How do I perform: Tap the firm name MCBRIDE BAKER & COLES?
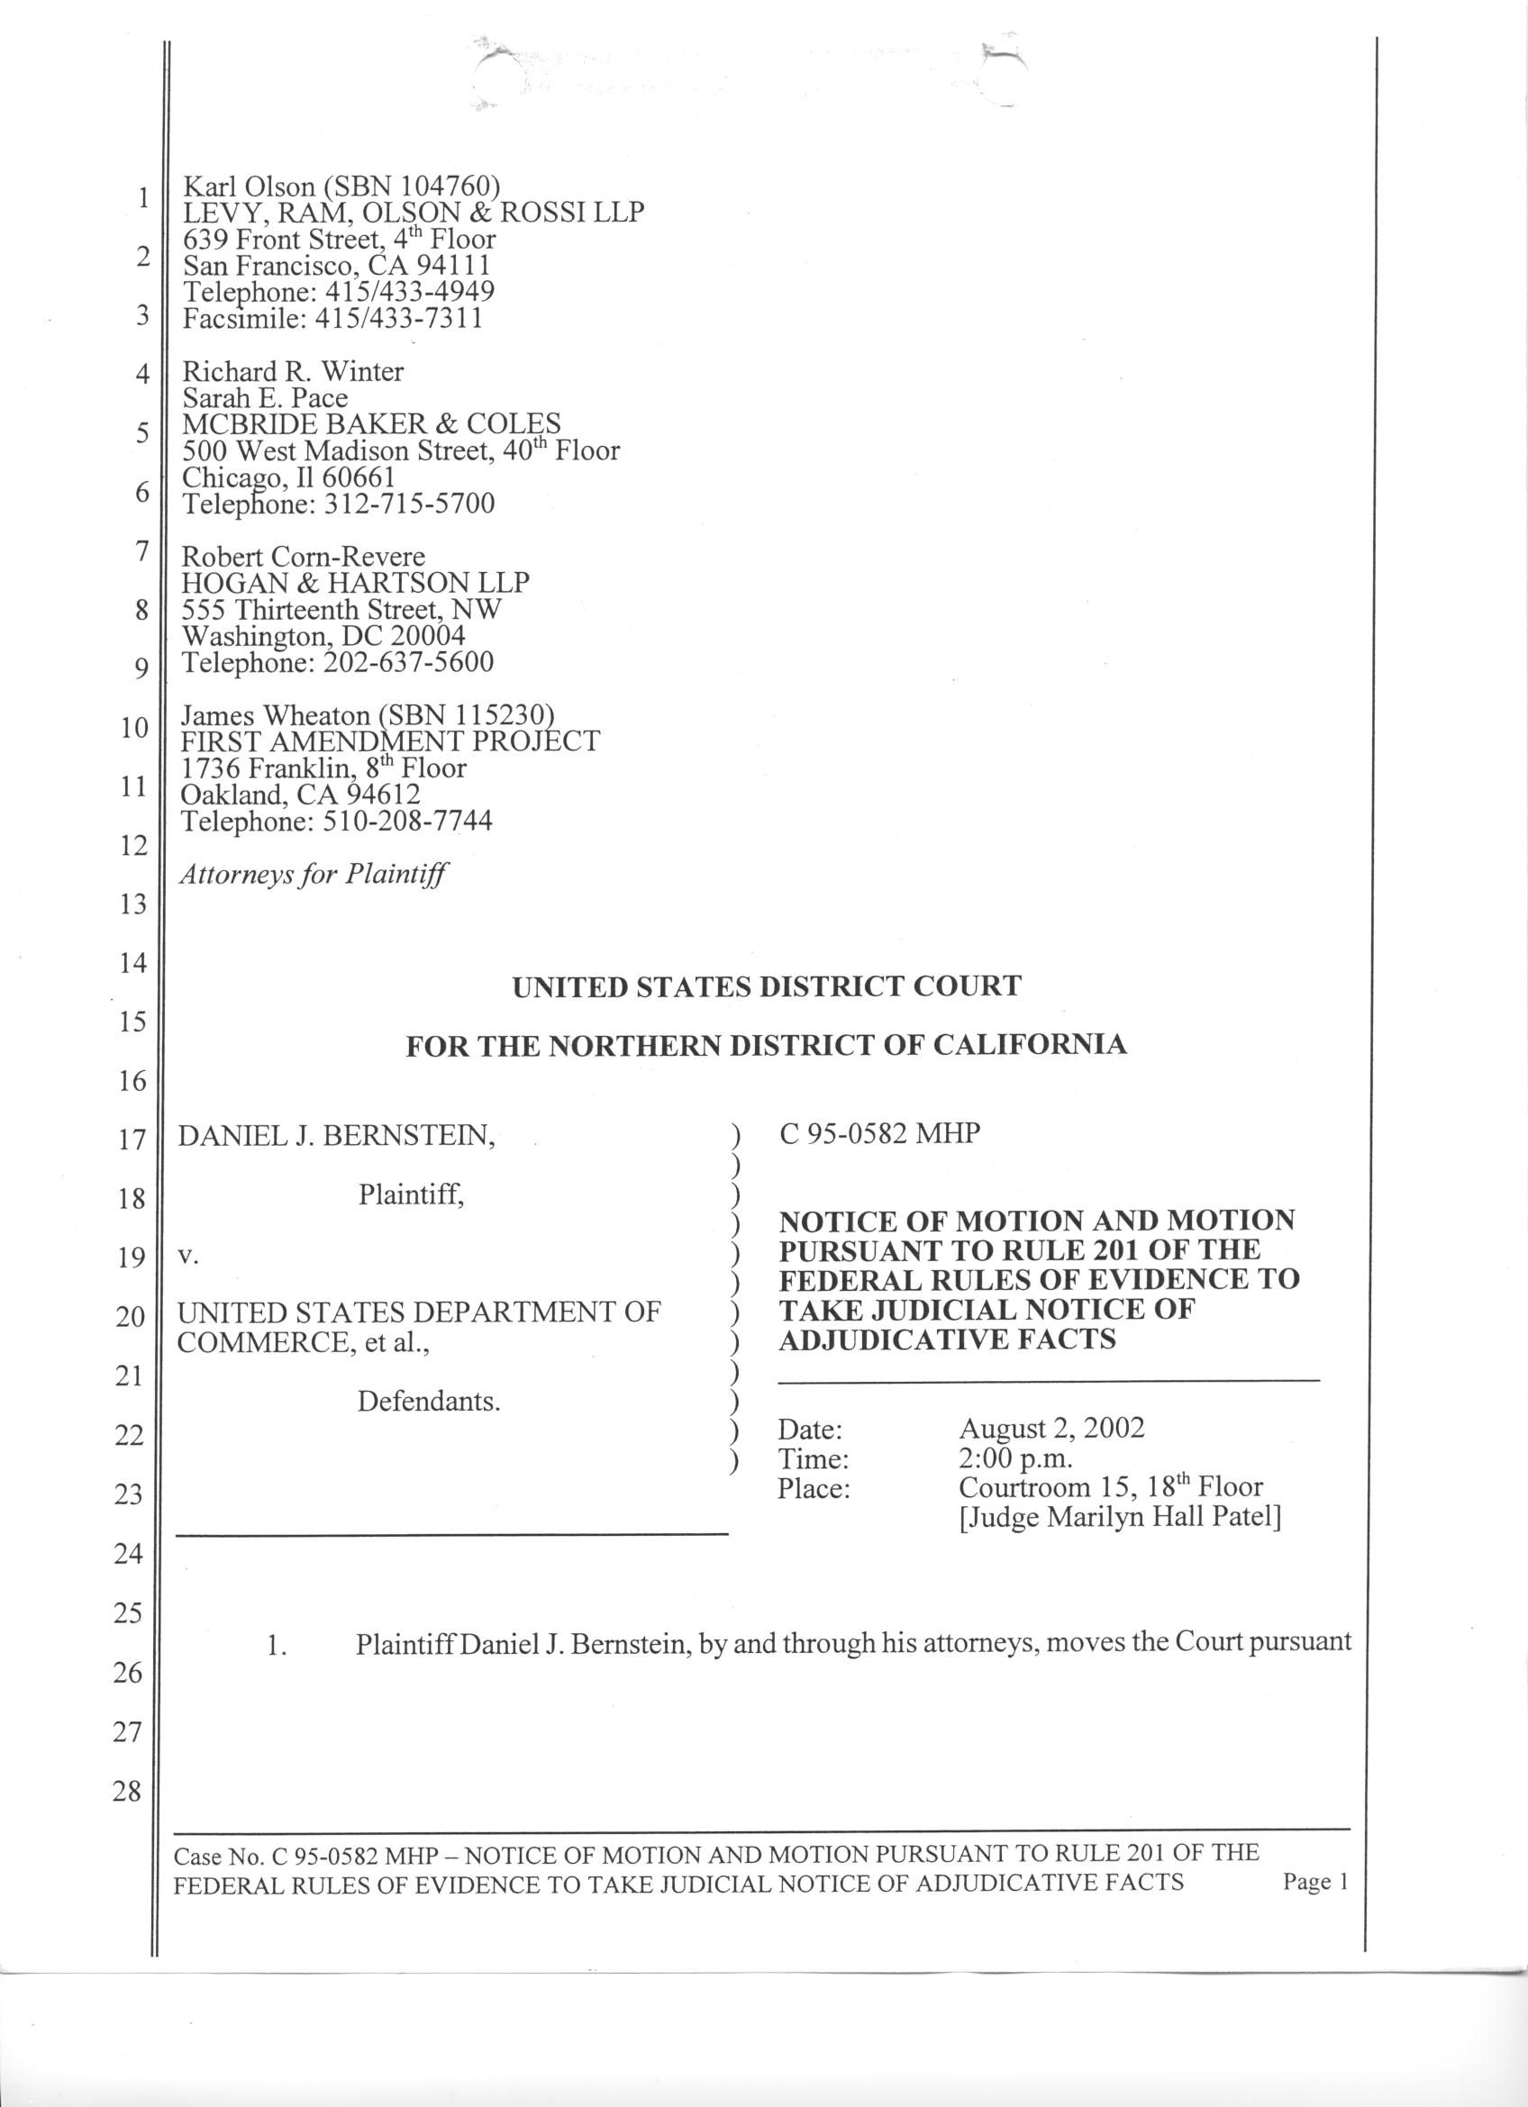[x=370, y=424]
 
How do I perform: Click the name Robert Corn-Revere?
[x=303, y=557]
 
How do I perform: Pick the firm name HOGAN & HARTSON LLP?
[x=355, y=583]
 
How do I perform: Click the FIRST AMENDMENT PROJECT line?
[x=390, y=741]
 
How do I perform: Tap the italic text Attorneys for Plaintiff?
[x=314, y=874]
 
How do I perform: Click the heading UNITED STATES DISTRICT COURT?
[x=767, y=986]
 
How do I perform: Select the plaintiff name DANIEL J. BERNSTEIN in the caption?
[x=335, y=1135]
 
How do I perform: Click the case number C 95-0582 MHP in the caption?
[x=879, y=1133]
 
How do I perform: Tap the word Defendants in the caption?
[x=428, y=1401]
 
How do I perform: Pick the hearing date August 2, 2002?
[x=1051, y=1428]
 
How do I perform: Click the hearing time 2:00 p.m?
[x=1016, y=1458]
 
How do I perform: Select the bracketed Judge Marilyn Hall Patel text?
[x=1119, y=1517]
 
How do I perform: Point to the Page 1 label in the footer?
[x=1314, y=1882]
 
